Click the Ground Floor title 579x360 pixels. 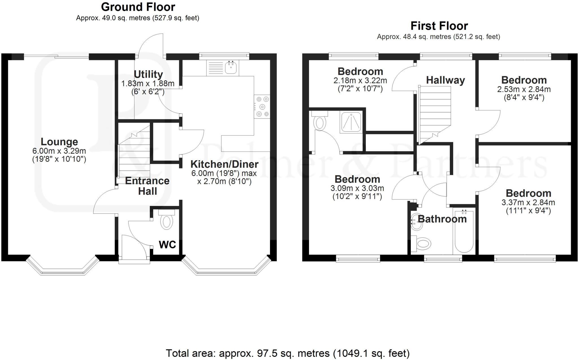[x=138, y=7]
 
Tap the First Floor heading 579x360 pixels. [x=439, y=26]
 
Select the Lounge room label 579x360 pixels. [x=59, y=142]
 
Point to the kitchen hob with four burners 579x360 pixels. [x=262, y=107]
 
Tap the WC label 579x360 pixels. [x=167, y=244]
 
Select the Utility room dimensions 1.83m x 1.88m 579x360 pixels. [x=148, y=84]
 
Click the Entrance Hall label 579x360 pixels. [x=147, y=186]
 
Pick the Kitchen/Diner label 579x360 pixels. [x=224, y=164]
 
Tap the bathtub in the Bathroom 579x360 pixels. [x=464, y=232]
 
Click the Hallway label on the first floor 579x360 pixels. [x=445, y=80]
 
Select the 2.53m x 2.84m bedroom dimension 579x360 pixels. [x=524, y=89]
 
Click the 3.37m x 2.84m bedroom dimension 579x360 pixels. [x=528, y=202]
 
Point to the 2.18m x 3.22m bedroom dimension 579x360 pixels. [x=360, y=81]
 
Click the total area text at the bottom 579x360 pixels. [x=288, y=353]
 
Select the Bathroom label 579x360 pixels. [x=442, y=219]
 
